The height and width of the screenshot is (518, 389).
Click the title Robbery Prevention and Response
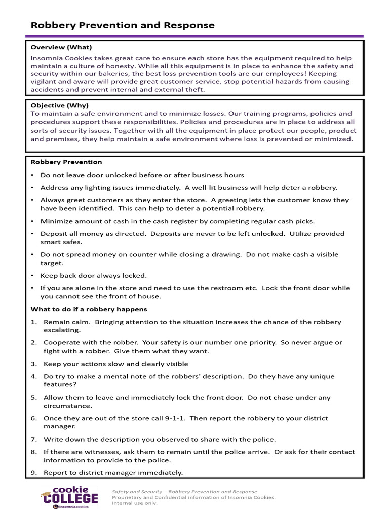tap(123, 25)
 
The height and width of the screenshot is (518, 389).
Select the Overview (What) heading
tap(61, 47)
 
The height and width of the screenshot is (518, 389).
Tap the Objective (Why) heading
tap(59, 105)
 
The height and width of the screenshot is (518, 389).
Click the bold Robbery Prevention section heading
tap(66, 162)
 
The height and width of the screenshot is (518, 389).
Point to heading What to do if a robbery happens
tap(89, 309)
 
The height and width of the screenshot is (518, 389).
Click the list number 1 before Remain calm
tap(33, 322)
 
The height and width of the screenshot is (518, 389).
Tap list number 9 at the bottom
tap(33, 473)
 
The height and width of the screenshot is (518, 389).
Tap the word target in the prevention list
tap(51, 263)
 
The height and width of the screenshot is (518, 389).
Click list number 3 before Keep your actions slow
tap(33, 364)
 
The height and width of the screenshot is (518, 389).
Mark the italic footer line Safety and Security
tap(184, 491)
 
